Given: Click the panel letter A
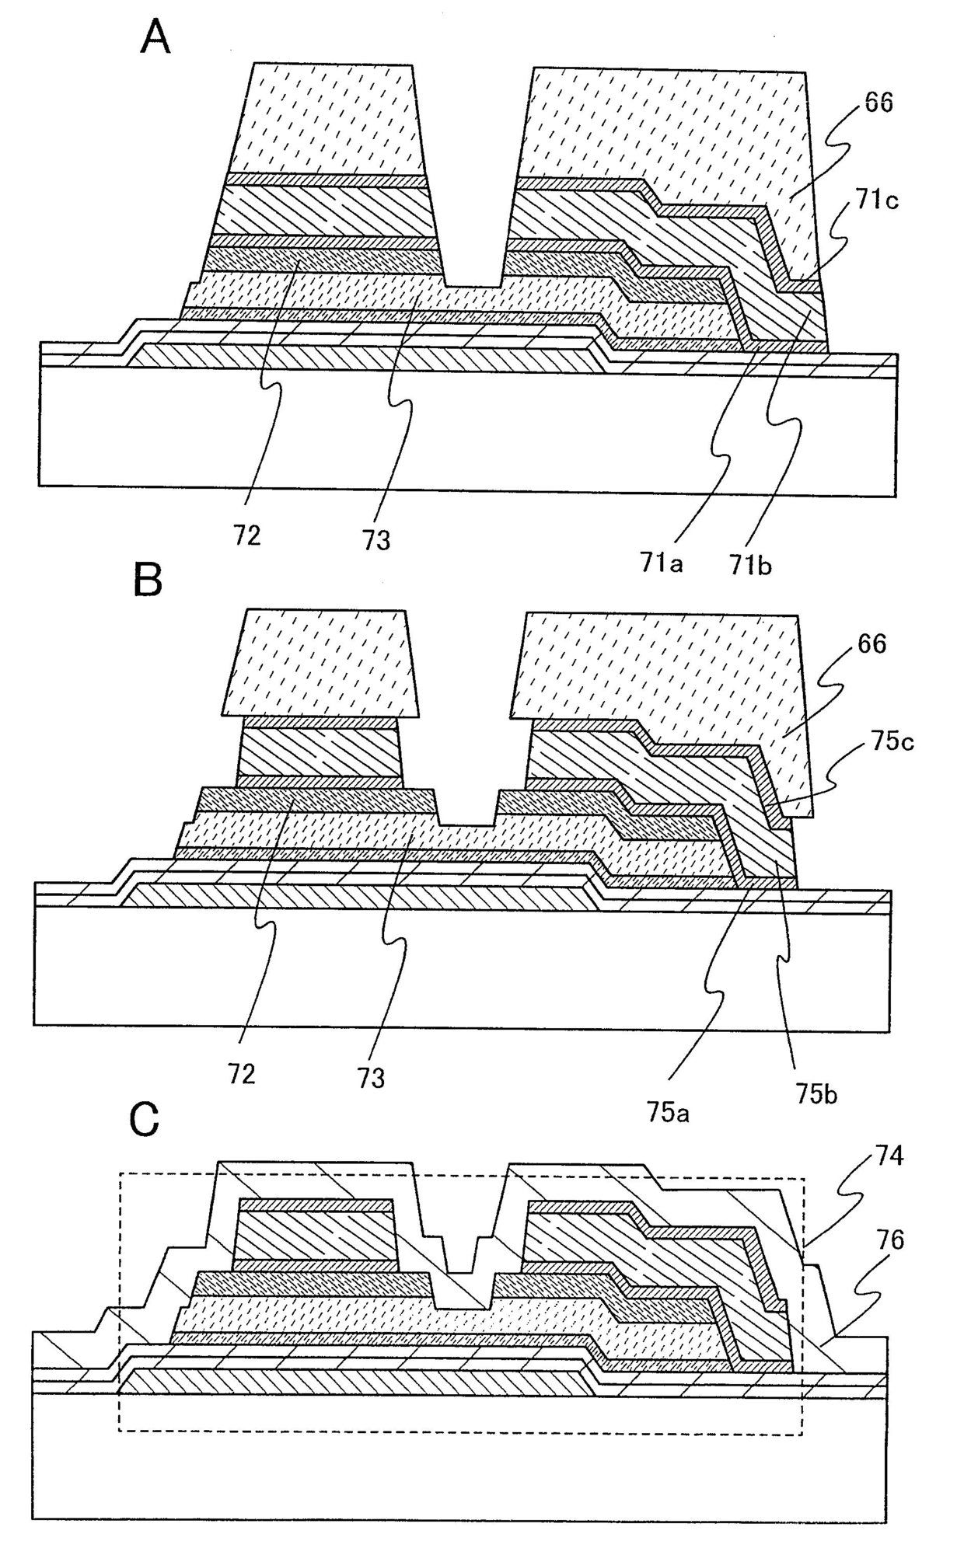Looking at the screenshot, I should click(155, 37).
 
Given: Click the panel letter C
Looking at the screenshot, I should click(145, 1120).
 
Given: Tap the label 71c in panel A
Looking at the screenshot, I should click(878, 200).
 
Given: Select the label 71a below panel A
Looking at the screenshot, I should click(662, 562).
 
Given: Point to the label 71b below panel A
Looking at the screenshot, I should click(750, 565).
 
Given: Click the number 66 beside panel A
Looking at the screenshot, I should click(878, 103).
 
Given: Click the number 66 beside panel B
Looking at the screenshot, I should click(871, 644).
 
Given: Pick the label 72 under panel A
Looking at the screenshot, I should click(246, 535).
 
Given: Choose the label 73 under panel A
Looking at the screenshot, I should click(376, 539).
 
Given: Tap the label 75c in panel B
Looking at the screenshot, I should click(892, 741).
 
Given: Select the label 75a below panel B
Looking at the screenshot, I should click(668, 1113).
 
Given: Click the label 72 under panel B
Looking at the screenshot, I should click(242, 1075).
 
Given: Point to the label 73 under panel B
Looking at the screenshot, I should click(372, 1079).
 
